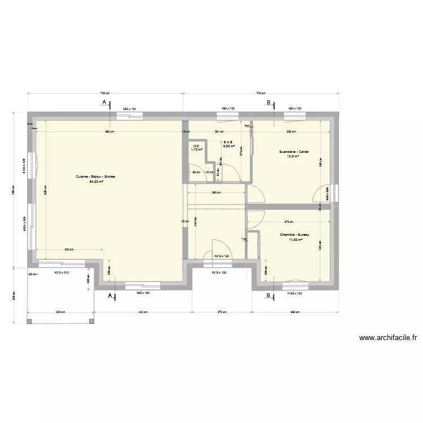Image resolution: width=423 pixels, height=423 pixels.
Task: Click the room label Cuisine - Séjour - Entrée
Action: [x=95, y=177]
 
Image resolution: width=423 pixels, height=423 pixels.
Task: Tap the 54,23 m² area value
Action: [x=95, y=182]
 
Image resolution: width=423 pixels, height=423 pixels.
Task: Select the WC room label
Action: [x=196, y=146]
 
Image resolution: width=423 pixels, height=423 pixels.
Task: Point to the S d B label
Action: [x=228, y=142]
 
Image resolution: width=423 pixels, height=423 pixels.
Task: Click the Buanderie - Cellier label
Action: [x=294, y=152]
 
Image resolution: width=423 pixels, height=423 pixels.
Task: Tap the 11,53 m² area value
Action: [x=295, y=239]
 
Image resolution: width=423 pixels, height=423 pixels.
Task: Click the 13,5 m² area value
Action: [x=294, y=157]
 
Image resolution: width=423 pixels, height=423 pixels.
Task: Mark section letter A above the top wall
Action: [x=104, y=102]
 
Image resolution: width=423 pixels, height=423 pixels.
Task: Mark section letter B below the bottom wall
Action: [x=268, y=294]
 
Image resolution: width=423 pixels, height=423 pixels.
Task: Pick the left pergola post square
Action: [x=29, y=321]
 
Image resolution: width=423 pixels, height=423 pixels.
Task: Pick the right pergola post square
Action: [x=91, y=321]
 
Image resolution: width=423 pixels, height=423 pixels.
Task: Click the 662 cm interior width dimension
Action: [x=109, y=132]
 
